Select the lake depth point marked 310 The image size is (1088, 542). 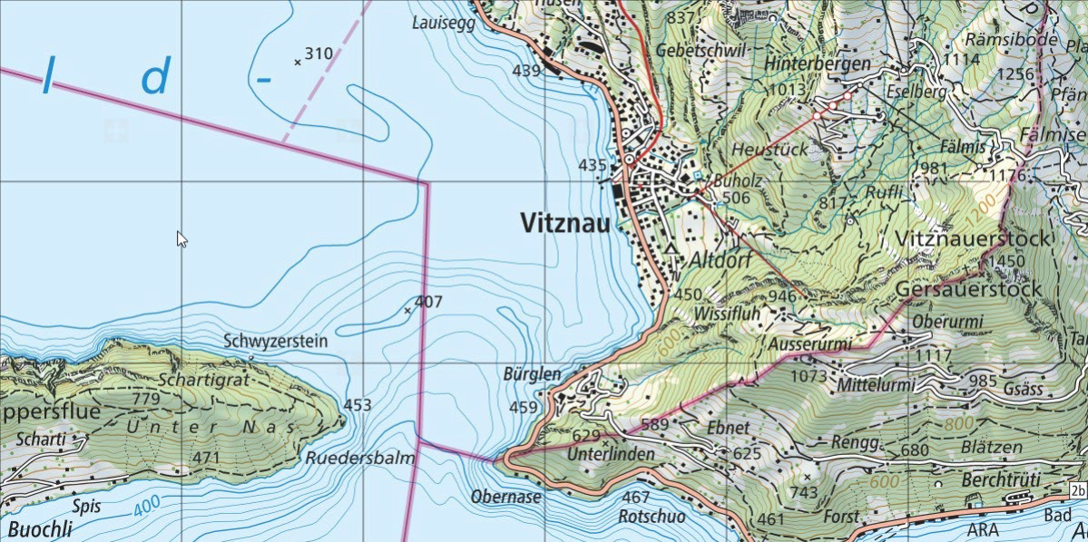298,63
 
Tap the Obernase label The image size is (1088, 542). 505,497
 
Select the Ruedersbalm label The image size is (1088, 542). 360,459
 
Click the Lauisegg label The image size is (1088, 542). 443,24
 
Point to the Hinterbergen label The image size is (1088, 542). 817,64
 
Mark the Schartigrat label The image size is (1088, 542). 202,380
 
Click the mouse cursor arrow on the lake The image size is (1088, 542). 181,238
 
